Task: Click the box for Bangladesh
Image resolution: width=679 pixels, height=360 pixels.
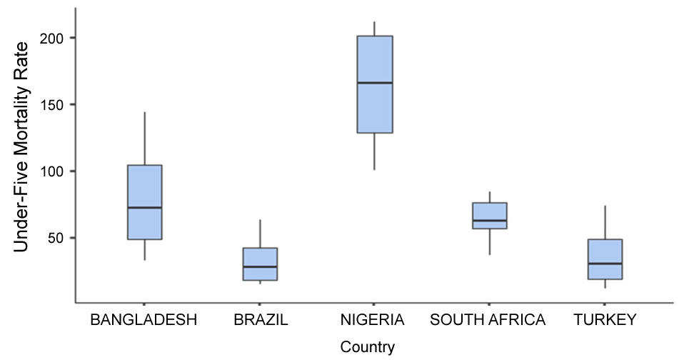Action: coord(144,202)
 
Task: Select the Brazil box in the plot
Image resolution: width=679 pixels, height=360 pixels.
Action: coord(260,264)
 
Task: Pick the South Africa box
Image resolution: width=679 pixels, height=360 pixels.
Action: coord(490,215)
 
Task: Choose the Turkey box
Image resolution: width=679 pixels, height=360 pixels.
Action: coord(605,259)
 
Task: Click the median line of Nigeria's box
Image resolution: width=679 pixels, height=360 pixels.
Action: coord(375,83)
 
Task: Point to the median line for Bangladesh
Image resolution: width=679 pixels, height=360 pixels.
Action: coord(144,207)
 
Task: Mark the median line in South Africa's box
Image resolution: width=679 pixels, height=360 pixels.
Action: coord(490,221)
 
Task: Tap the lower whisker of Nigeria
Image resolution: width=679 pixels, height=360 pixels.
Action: coord(375,151)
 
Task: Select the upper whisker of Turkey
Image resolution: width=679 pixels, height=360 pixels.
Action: coord(605,222)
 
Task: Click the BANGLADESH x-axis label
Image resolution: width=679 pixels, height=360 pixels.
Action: coord(144,320)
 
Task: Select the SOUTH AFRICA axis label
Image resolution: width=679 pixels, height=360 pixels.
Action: coord(488,320)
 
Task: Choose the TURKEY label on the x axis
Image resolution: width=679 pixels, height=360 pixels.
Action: coord(604,320)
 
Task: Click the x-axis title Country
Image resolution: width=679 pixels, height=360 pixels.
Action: coord(367,348)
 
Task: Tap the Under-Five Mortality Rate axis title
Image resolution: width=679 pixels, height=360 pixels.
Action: coord(21,146)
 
